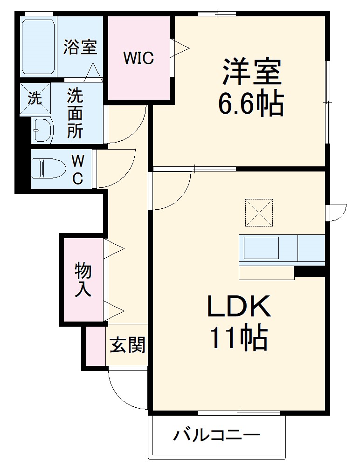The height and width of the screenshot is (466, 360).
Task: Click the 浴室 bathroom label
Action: tap(80, 47)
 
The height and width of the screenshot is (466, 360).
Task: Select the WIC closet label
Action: tap(138, 58)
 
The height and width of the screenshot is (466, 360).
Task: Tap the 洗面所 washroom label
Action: tap(75, 113)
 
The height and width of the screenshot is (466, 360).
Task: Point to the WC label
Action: tap(78, 169)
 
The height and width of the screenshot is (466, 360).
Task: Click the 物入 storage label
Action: tap(83, 280)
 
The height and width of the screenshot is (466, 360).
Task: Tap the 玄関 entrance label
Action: tap(127, 345)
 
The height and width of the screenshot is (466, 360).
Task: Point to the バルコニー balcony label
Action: tap(217, 436)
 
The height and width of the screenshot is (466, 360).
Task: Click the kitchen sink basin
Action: tap(261, 248)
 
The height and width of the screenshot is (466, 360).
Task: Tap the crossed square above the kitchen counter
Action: tap(258, 212)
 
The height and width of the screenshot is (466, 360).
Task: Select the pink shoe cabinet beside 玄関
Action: tap(96, 345)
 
